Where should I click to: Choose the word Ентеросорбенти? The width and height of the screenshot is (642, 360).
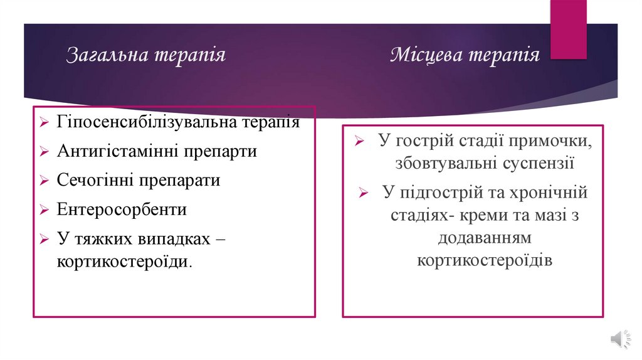[x=122, y=209]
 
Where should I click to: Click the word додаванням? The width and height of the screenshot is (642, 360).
[x=485, y=238]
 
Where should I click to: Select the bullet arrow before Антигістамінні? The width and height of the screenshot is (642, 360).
[x=43, y=152]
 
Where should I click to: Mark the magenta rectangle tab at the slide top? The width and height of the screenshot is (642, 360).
[x=568, y=29]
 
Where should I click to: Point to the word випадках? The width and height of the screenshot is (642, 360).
[x=164, y=239]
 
